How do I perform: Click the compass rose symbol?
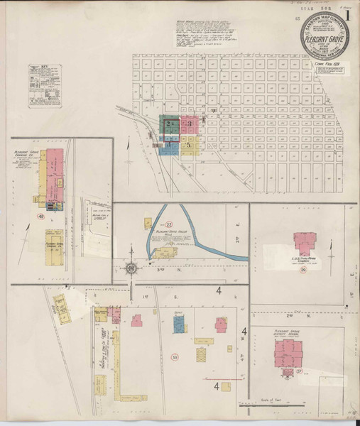tap(132, 268)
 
